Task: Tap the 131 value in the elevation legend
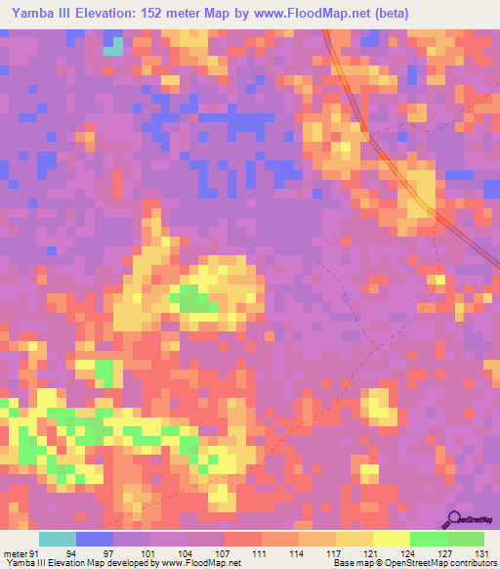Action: click(x=481, y=552)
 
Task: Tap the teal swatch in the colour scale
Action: click(x=58, y=539)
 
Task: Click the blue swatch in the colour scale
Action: click(x=95, y=539)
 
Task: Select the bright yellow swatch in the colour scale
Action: click(x=391, y=539)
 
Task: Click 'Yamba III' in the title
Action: click(x=40, y=14)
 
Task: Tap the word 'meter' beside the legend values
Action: click(x=17, y=552)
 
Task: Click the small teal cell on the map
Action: click(x=113, y=46)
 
